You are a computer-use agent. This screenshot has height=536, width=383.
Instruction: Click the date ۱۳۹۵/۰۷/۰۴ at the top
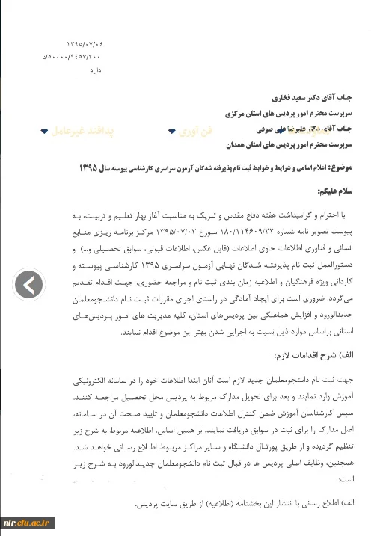tap(85, 45)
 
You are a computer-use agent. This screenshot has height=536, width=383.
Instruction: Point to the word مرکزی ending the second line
tap(238, 114)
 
